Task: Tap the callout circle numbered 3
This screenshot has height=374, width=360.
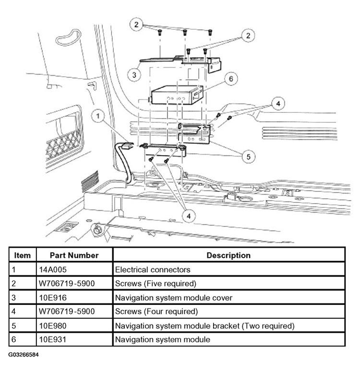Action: (134, 74)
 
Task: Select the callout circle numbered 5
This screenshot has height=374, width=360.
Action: (248, 156)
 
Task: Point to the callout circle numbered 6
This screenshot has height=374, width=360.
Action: (231, 78)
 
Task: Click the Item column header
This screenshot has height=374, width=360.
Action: (23, 255)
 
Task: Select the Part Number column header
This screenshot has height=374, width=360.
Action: (74, 255)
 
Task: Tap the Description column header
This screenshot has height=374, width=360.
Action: (228, 255)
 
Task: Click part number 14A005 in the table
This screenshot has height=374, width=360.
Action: (54, 269)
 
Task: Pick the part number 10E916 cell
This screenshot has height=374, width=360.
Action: (54, 298)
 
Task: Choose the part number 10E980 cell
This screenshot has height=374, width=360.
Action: (54, 326)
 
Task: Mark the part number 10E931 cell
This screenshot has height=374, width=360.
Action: (54, 340)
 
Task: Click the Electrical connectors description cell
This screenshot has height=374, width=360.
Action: (153, 269)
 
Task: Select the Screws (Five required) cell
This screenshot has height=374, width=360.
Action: (156, 283)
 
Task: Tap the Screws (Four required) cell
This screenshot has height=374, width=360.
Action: (156, 312)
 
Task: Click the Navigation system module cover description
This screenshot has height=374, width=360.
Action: (173, 298)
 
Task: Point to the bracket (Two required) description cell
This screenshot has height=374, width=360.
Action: (204, 326)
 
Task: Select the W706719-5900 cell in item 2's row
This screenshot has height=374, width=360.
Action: (67, 283)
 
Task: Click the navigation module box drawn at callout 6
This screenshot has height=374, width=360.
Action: (176, 96)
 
